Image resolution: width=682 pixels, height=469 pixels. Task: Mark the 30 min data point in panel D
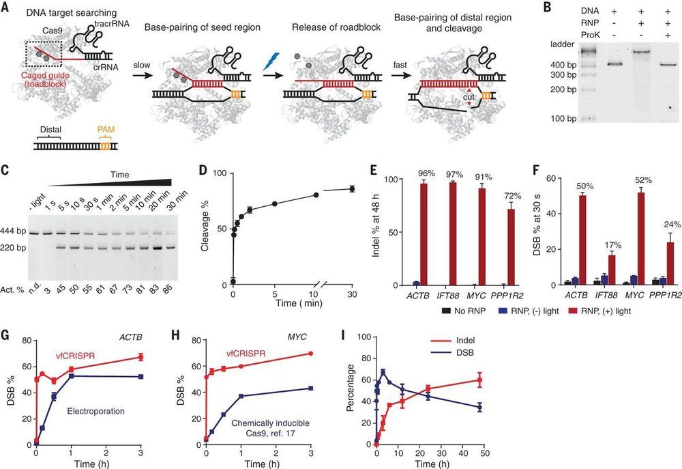click(x=352, y=189)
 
